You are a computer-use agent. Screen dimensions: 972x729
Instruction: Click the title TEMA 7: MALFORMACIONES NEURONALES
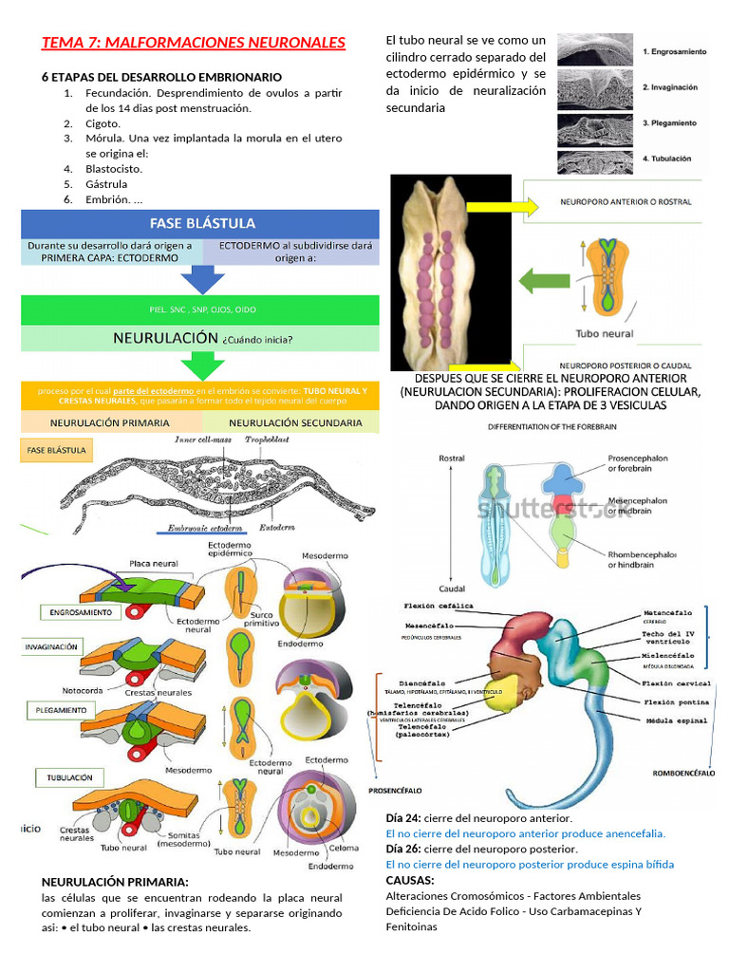(194, 43)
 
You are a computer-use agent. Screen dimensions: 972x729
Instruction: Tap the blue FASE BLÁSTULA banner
(200, 224)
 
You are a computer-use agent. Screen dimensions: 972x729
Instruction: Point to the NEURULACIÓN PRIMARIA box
(110, 422)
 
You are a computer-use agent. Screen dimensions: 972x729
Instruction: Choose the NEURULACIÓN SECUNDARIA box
(295, 422)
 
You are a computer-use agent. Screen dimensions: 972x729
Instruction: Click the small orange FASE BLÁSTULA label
(58, 450)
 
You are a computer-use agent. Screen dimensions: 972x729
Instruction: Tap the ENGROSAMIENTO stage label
(81, 613)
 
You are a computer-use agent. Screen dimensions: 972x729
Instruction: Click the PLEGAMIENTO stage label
(68, 710)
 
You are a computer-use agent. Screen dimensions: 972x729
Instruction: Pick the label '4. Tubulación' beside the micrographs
(666, 159)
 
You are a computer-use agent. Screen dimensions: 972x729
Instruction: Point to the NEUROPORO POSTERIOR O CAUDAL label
(625, 364)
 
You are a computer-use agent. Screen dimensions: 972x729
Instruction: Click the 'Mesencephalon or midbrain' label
(637, 506)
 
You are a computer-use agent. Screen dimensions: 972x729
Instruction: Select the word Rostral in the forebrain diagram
(452, 458)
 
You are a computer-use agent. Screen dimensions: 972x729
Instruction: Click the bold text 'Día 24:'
(403, 817)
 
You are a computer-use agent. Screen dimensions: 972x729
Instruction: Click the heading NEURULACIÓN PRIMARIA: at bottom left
(115, 882)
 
